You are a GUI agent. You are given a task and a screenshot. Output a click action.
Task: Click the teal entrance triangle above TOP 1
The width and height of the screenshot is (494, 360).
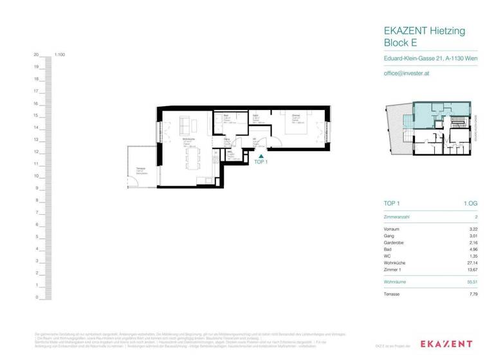point(261,155)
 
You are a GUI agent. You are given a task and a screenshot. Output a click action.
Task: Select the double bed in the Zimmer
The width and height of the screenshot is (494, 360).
point(305,127)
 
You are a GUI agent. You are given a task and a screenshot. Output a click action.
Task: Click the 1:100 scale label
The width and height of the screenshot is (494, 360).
point(60,55)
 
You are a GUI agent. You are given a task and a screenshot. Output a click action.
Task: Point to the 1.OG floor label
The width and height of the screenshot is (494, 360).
point(470,203)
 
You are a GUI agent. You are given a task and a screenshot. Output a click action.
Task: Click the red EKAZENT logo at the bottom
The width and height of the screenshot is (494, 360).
point(446,345)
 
